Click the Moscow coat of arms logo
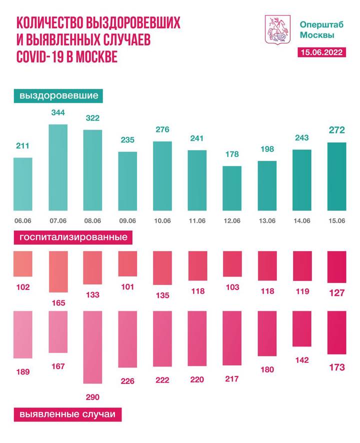[x=276, y=28]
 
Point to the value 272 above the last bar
[x=336, y=131]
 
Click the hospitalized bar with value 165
[x=58, y=271]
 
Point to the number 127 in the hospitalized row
[x=336, y=293]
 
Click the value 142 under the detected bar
[x=301, y=359]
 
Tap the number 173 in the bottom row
[x=336, y=367]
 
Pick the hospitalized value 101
[x=127, y=287]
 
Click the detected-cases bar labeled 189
[x=23, y=334]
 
